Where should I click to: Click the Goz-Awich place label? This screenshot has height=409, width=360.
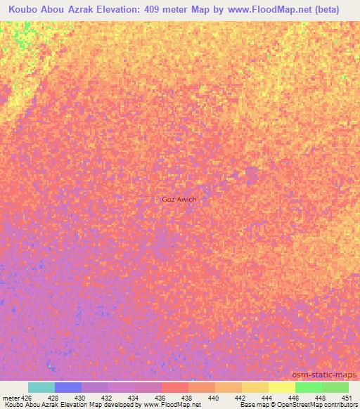coord(179,199)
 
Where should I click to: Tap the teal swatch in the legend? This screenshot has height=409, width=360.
coord(41,387)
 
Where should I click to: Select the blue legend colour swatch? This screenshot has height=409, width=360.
coord(68,387)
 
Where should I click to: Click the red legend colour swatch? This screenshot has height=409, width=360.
coord(175,387)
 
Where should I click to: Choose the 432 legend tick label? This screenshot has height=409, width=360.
coord(107,397)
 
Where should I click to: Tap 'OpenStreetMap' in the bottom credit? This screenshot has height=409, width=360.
coord(298,405)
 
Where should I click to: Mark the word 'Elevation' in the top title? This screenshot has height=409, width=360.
coord(117,10)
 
